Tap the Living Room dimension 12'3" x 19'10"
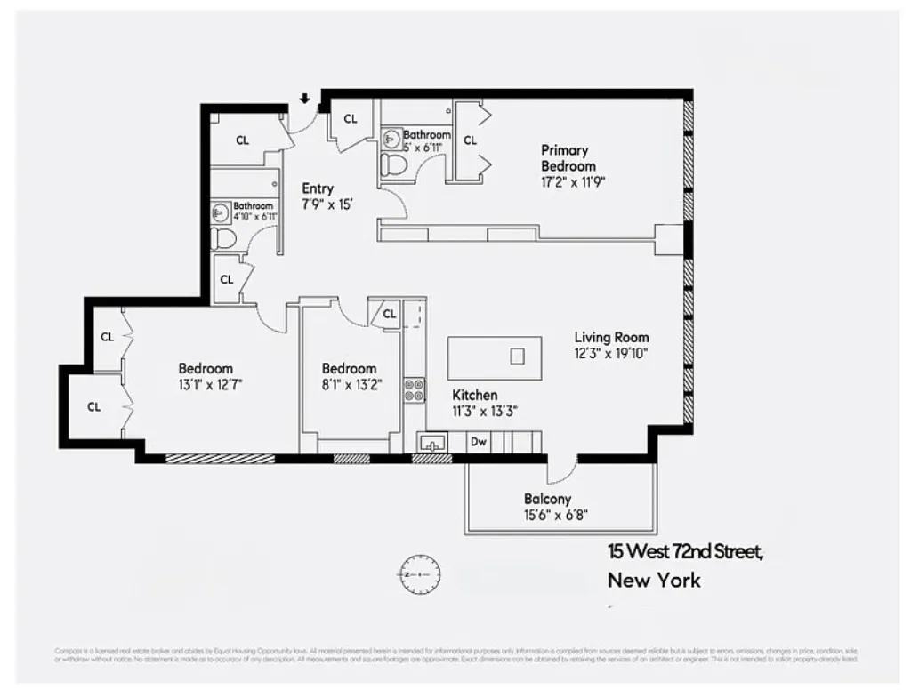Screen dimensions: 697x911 [611, 353]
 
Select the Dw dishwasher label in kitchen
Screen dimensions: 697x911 [478, 440]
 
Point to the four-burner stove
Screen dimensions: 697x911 [415, 389]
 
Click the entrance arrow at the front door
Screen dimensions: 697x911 [304, 99]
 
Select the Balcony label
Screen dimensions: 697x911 [547, 499]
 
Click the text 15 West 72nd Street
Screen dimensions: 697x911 [685, 552]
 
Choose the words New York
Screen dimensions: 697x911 [654, 581]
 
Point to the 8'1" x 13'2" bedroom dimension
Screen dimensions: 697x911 [349, 384]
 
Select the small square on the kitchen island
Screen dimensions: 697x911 [518, 356]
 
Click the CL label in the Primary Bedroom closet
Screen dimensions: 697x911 [470, 140]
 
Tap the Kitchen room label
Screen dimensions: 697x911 [474, 395]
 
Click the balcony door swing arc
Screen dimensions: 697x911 [560, 472]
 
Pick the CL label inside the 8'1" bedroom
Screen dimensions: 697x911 [389, 314]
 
